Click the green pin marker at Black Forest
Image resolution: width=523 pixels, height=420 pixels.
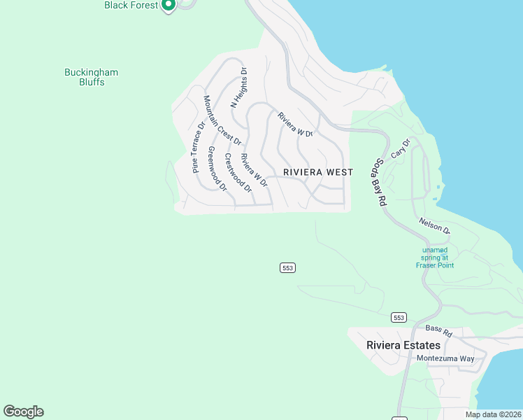coord(168,6)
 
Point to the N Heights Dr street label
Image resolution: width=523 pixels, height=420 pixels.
coord(239,87)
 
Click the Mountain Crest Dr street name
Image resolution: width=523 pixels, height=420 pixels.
coord(222,121)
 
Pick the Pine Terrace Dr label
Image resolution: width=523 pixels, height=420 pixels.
coord(199,147)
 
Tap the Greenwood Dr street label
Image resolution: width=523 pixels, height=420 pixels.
coord(217,169)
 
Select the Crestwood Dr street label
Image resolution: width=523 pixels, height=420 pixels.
coord(238,172)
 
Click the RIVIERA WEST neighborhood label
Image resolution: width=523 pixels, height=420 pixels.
coord(318,172)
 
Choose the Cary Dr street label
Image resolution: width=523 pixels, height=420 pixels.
coord(399,148)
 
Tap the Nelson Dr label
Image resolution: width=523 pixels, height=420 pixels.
coord(434,225)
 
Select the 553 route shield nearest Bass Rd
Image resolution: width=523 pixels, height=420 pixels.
coord(399,317)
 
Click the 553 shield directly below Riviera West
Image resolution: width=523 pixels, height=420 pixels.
coord(287,268)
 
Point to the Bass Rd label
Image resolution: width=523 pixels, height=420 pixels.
coord(439,330)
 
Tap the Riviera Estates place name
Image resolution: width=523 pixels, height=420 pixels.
coord(403,345)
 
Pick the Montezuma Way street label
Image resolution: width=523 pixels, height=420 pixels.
coord(445,358)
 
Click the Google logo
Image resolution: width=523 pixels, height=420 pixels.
coord(24,412)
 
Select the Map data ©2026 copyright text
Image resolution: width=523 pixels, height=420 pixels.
coord(493,414)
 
